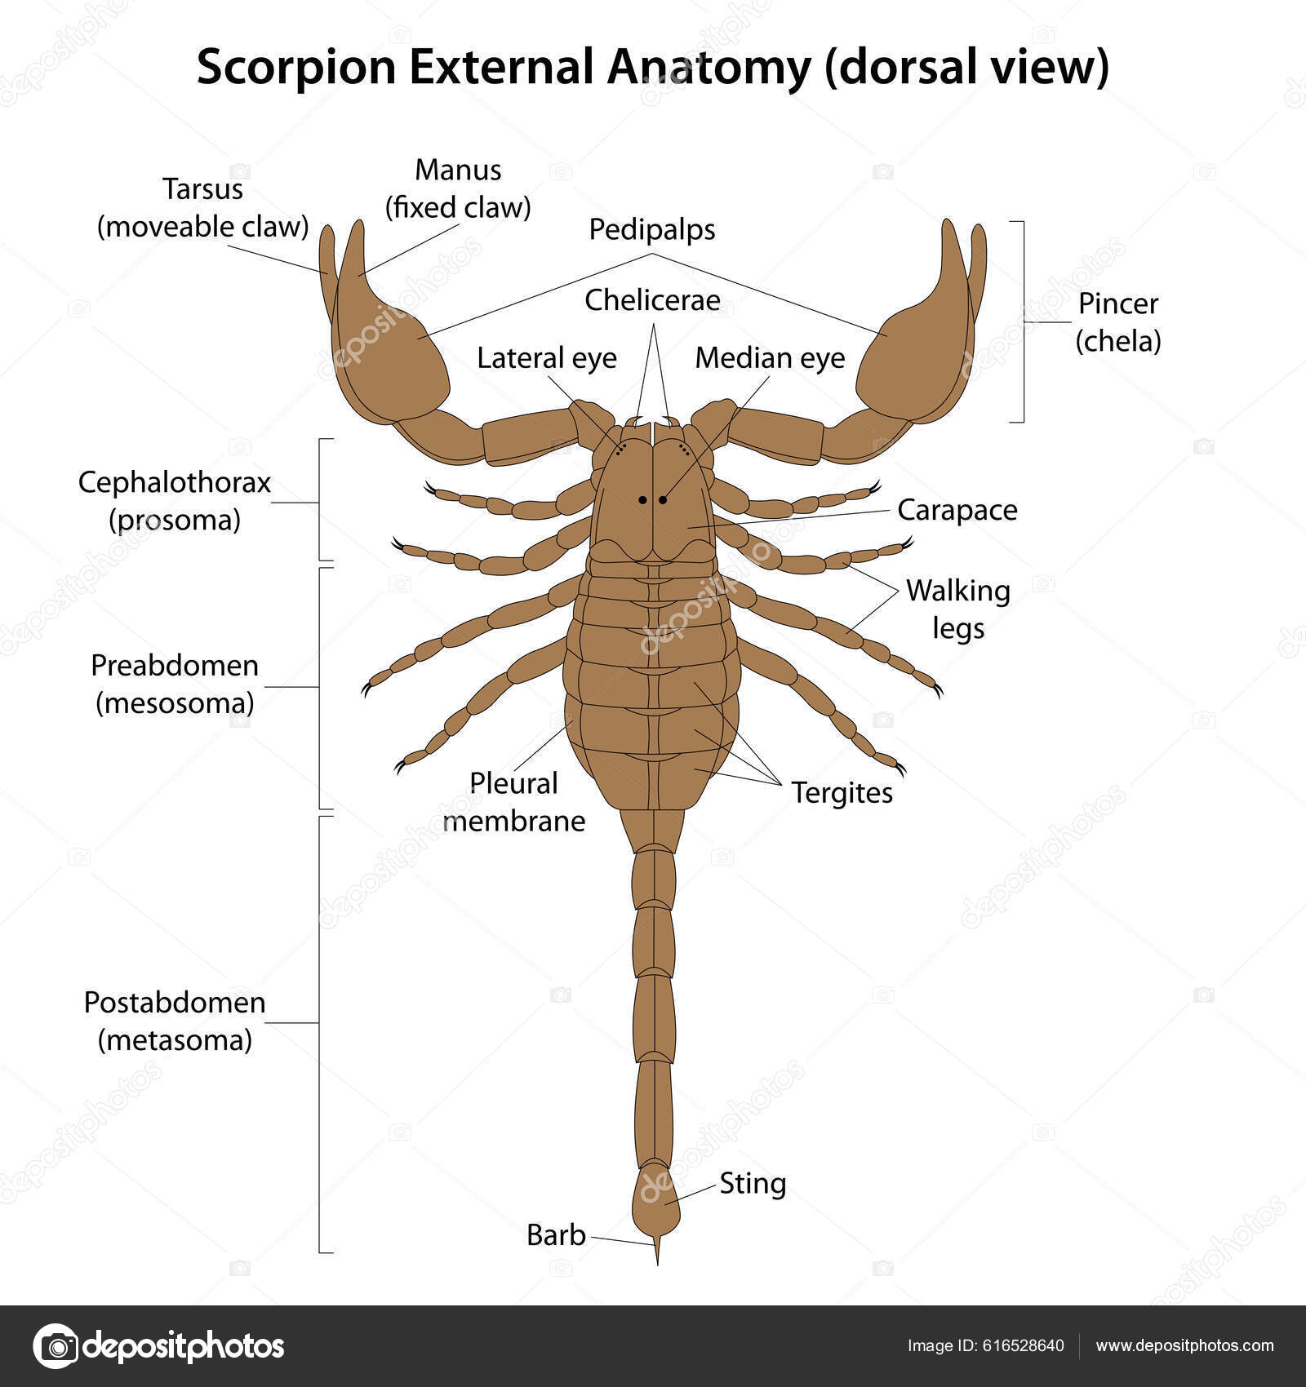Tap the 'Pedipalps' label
(x=652, y=230)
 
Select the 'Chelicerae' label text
(x=652, y=300)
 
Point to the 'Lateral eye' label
(x=547, y=358)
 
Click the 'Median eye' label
(x=770, y=358)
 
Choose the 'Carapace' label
(x=957, y=511)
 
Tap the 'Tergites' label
(x=842, y=793)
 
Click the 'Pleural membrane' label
(x=514, y=802)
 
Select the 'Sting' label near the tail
(x=753, y=1183)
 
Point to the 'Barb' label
(x=556, y=1235)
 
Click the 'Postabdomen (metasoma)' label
(x=175, y=1021)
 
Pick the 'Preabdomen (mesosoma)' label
(x=175, y=684)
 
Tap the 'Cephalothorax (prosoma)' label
(x=175, y=501)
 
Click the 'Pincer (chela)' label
(x=1117, y=322)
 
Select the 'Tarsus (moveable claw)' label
(x=202, y=208)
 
